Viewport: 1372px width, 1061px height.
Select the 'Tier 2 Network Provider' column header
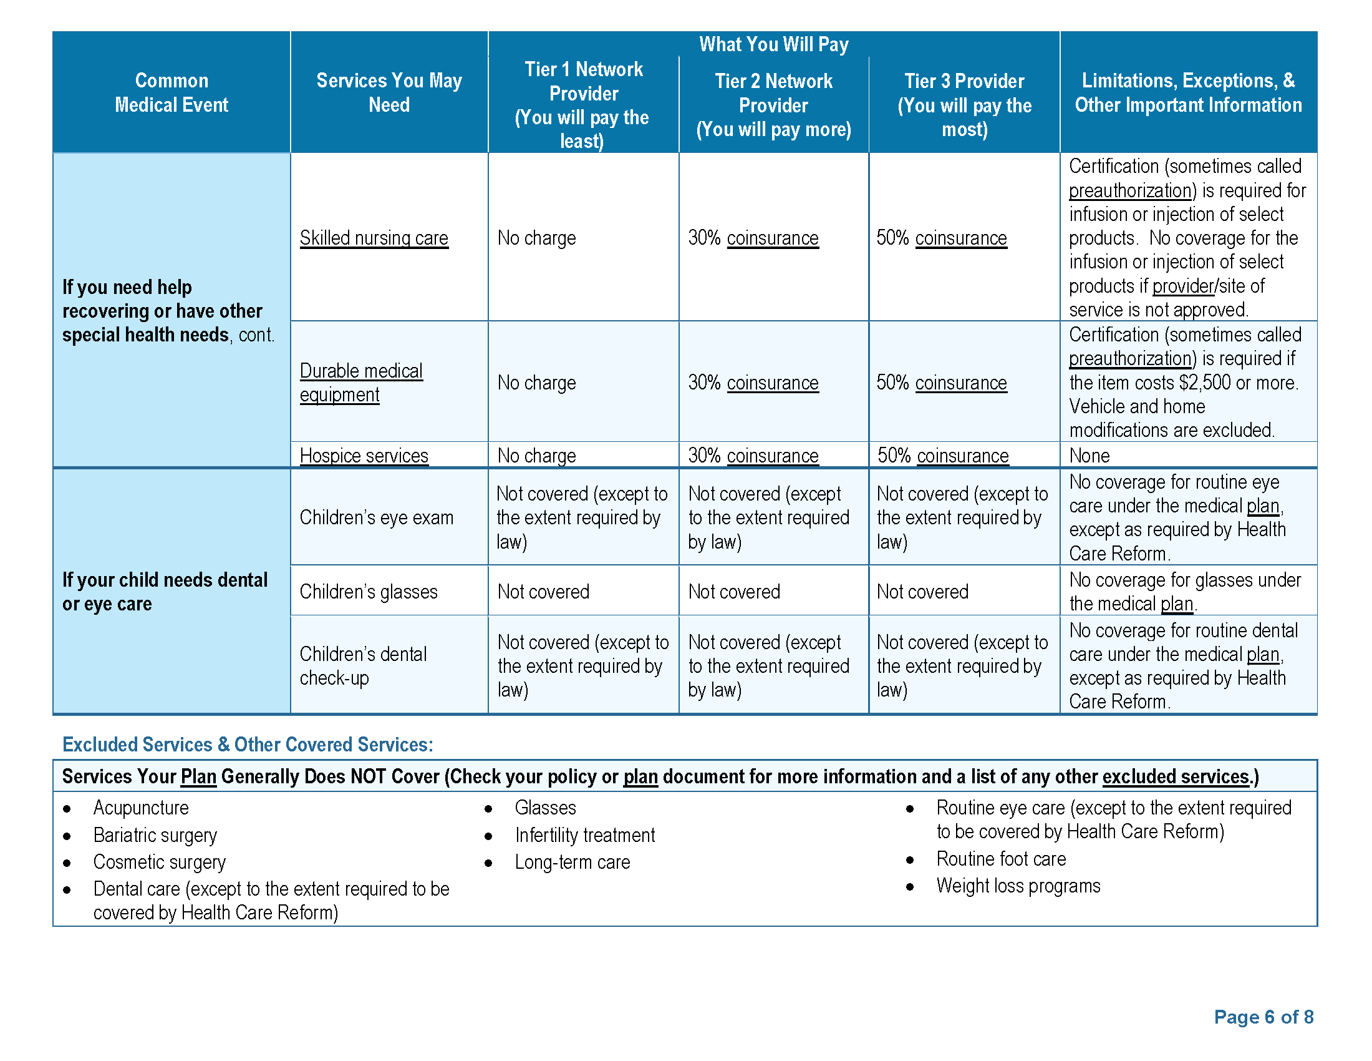(773, 105)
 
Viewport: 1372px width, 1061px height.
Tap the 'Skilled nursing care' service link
(374, 238)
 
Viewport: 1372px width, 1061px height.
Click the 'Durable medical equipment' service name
(361, 383)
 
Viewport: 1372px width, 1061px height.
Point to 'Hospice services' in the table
(364, 456)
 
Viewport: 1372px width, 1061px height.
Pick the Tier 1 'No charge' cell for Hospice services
(536, 456)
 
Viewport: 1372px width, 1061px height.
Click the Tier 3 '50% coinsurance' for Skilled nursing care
(942, 238)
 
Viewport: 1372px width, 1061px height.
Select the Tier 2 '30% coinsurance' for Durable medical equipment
(753, 383)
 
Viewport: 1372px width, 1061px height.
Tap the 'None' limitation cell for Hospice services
(1089, 456)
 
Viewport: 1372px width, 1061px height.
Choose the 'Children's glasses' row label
(368, 592)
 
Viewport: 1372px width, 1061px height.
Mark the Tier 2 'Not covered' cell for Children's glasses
(735, 592)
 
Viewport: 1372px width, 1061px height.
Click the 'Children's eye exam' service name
(376, 517)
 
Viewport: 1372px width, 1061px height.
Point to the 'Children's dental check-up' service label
(363, 666)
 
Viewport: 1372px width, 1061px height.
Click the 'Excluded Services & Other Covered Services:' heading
(248, 745)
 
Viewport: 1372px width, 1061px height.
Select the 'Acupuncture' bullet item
(141, 808)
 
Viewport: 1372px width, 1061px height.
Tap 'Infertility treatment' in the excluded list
(585, 835)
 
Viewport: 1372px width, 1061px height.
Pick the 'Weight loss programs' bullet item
(1018, 886)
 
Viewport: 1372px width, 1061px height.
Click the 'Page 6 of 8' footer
(1263, 1017)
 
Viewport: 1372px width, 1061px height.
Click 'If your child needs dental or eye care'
(165, 592)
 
